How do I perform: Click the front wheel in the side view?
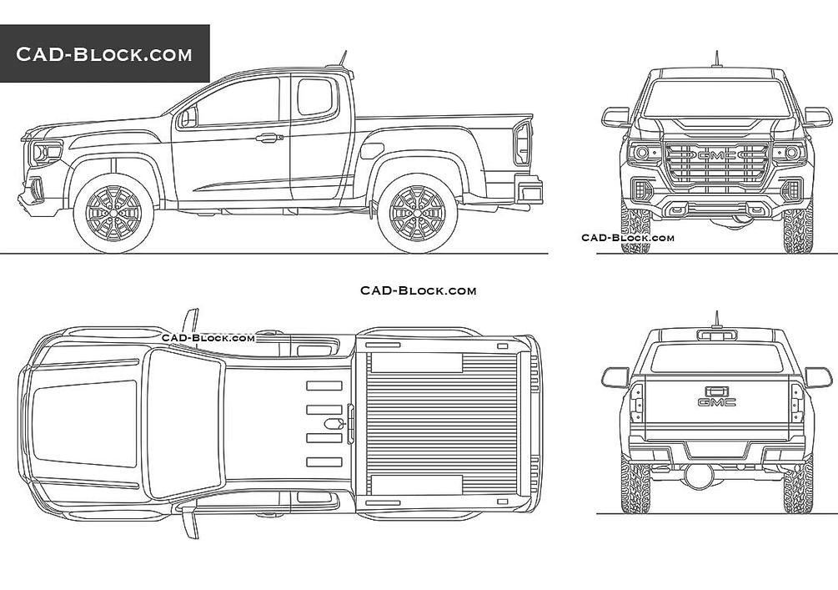tap(113, 212)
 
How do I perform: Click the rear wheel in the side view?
tap(418, 212)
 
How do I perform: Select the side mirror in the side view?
tap(187, 118)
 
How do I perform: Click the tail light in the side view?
tap(522, 143)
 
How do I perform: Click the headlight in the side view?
tap(46, 154)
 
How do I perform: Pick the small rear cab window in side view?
tap(315, 97)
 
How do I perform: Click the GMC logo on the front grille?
tap(717, 155)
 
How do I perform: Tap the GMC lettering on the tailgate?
tap(717, 402)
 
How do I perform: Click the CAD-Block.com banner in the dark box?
tap(104, 54)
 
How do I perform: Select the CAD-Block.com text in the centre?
tap(418, 290)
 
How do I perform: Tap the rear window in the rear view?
tap(717, 359)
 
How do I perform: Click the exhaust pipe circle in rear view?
tap(699, 476)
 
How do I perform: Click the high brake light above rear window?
tap(717, 335)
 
